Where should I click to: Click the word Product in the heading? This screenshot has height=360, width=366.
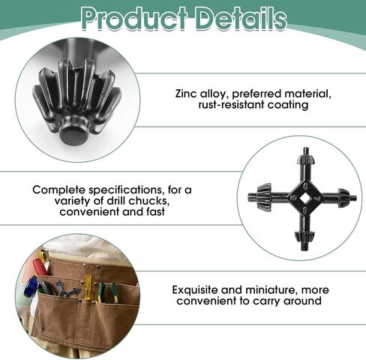tap(134, 18)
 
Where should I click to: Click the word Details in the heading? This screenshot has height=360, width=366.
tap(241, 18)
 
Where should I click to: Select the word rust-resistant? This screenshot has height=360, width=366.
tap(231, 105)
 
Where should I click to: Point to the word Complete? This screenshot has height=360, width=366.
tap(59, 190)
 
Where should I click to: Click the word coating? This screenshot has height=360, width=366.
tap(288, 105)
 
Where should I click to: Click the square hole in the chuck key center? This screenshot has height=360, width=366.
tap(303, 198)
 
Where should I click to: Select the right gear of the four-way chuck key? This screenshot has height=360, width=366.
tap(343, 197)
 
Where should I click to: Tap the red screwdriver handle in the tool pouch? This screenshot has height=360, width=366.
tap(40, 267)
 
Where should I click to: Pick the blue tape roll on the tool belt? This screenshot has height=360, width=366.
tap(30, 286)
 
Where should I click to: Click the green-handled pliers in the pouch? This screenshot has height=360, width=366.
tap(107, 292)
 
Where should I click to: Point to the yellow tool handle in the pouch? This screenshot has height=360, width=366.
tap(88, 287)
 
